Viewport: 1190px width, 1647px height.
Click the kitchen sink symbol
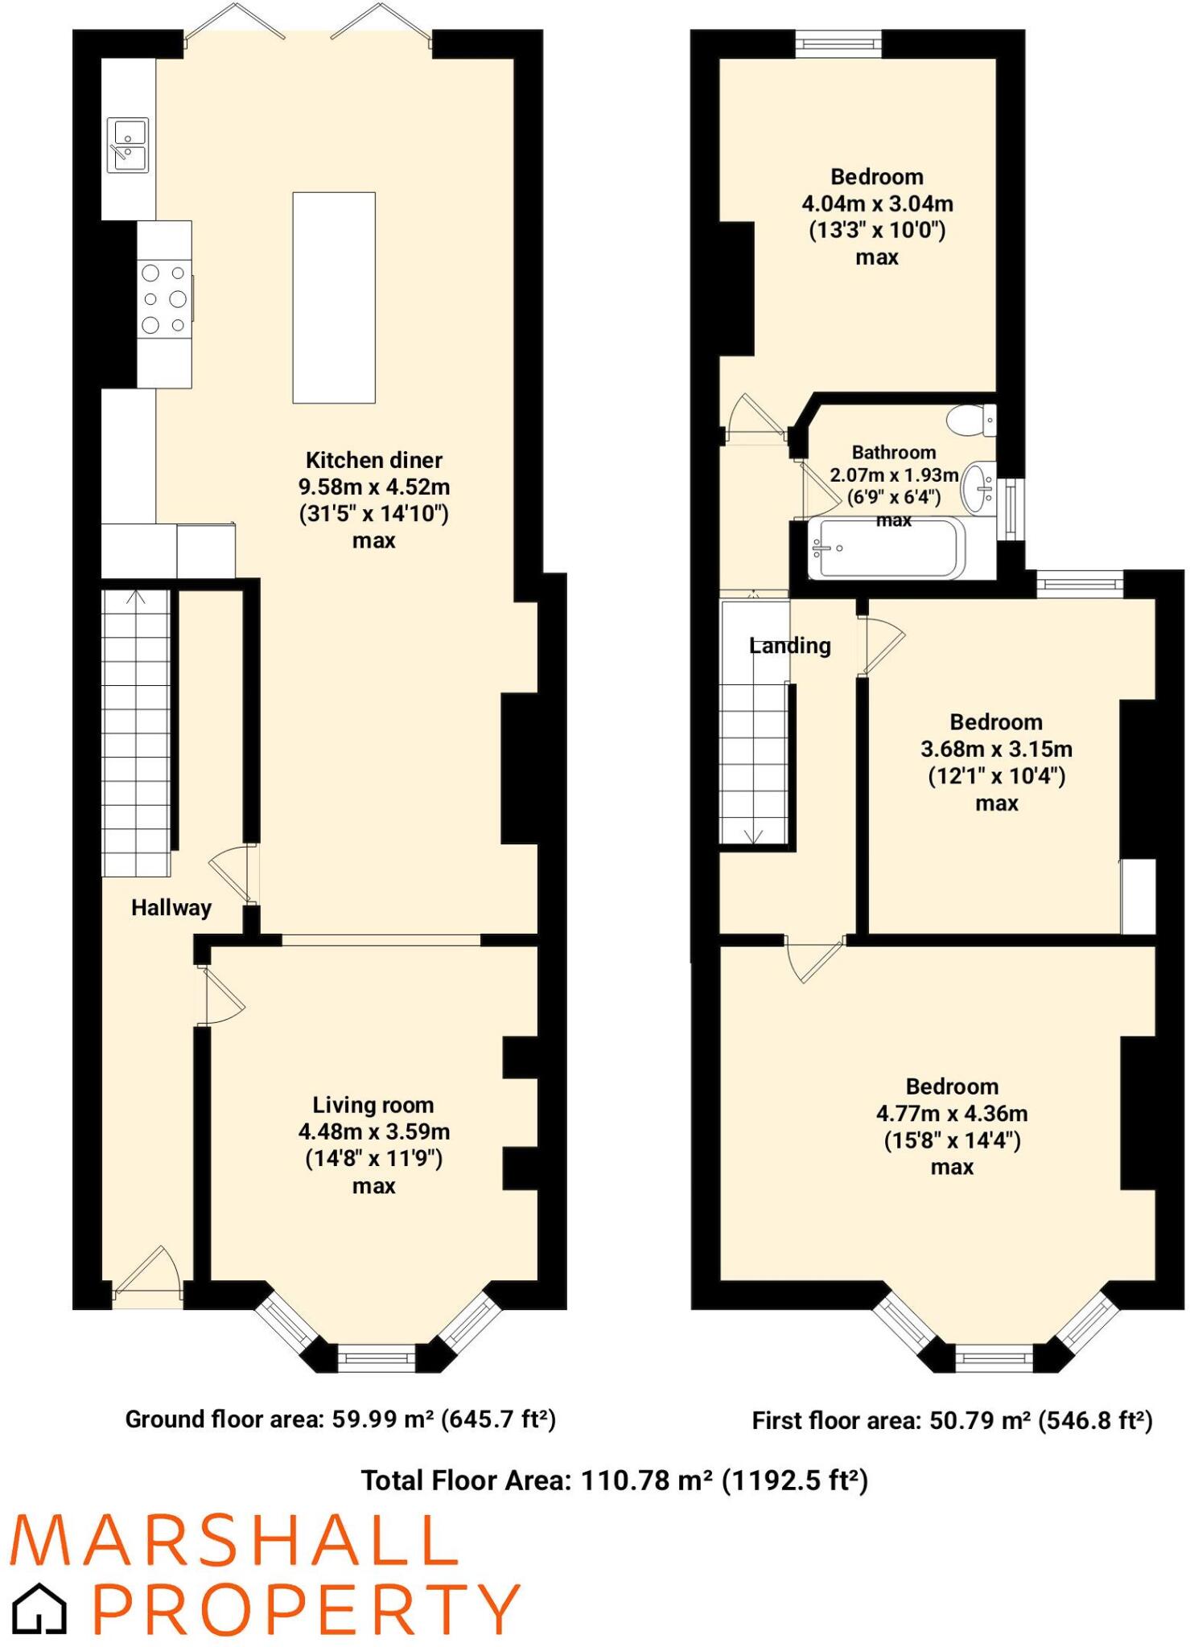(x=128, y=146)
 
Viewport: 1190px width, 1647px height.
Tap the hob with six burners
(x=164, y=299)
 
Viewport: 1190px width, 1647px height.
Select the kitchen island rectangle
(x=334, y=298)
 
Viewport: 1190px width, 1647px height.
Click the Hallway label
(x=171, y=908)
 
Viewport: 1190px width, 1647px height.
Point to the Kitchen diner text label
(x=373, y=460)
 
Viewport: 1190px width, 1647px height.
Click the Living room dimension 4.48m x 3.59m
(x=373, y=1132)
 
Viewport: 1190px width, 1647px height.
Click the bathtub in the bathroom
(x=885, y=548)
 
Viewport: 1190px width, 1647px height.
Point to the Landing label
(x=789, y=646)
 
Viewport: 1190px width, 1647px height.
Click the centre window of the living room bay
(x=376, y=1358)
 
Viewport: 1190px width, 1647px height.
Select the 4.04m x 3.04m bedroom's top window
(x=838, y=43)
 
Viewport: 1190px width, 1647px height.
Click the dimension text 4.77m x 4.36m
(x=952, y=1114)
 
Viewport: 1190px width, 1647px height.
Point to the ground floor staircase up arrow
(x=136, y=598)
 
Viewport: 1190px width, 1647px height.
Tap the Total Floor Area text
(x=614, y=1481)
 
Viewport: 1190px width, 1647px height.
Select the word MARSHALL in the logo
(x=233, y=1541)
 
